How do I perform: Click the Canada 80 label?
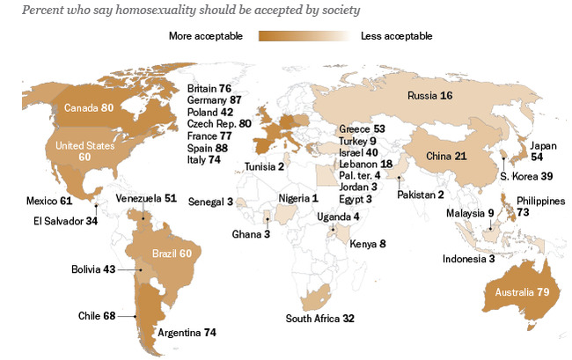(x=90, y=108)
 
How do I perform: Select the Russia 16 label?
(x=429, y=95)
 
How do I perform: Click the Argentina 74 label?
(x=186, y=334)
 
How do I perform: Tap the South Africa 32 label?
(x=323, y=318)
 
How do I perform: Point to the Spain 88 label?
(x=209, y=148)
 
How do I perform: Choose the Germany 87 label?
(x=216, y=101)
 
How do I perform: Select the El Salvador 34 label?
(x=66, y=220)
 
